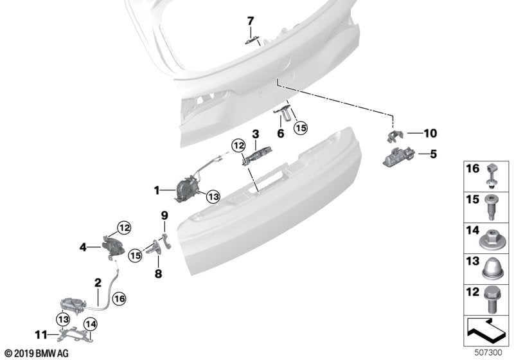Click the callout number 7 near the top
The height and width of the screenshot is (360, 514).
point(251,21)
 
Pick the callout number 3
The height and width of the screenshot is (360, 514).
point(255,134)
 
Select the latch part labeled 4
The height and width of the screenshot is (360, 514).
point(111,245)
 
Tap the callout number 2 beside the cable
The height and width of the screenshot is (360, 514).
point(98,282)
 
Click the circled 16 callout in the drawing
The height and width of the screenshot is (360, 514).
point(118,298)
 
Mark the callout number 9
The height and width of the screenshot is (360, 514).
point(164,215)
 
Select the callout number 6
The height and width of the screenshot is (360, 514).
point(280,134)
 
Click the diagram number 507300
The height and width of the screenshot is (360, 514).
point(491,352)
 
